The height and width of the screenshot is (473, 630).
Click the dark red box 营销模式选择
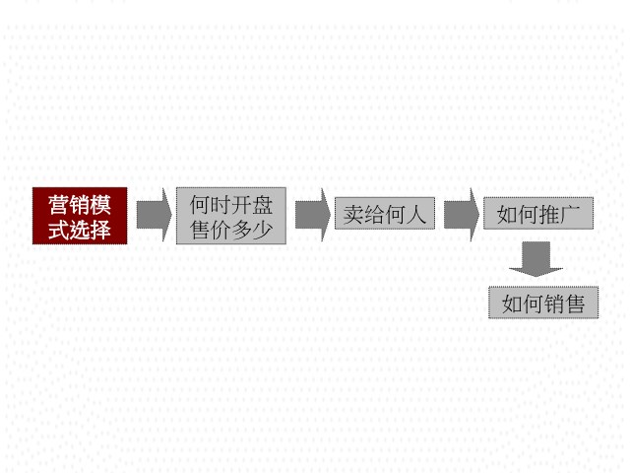tap(80, 216)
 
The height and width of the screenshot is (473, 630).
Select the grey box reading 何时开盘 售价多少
tap(231, 216)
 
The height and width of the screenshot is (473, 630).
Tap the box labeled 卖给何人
tap(385, 213)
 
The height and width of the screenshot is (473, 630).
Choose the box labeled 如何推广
tap(538, 213)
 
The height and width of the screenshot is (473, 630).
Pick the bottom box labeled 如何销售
tap(543, 303)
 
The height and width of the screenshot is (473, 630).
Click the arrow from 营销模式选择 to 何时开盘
tap(154, 215)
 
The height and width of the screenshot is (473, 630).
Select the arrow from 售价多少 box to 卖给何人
tap(313, 215)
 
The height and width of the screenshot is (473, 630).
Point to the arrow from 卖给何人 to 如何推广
tap(462, 215)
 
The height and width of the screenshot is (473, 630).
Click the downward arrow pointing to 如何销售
tap(535, 259)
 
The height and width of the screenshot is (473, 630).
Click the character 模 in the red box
tap(100, 205)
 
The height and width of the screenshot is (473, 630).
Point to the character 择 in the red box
tap(100, 230)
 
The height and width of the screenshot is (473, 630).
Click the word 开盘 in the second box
tap(252, 205)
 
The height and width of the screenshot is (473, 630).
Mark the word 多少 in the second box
tap(252, 230)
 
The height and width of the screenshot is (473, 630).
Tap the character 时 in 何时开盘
tap(220, 205)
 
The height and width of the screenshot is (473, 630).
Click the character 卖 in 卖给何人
tap(353, 214)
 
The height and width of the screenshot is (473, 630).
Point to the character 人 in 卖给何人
tap(416, 214)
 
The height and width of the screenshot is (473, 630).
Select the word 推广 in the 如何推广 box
tap(560, 214)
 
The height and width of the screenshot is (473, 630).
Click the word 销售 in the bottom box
tap(564, 304)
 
